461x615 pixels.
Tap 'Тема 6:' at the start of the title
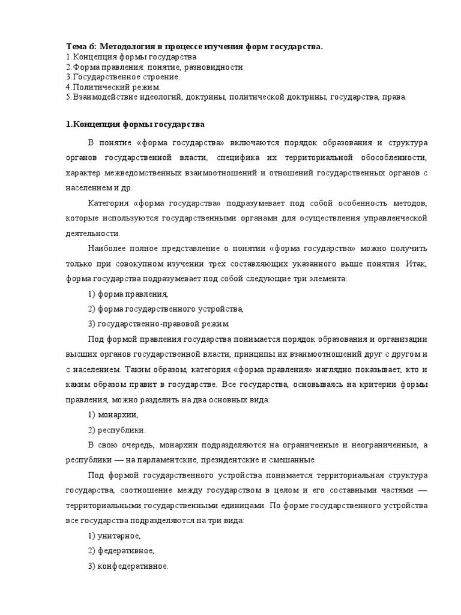click(80, 47)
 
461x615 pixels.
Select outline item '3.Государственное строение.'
click(122, 77)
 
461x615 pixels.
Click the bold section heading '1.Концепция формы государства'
click(135, 124)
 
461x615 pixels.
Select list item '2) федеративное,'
click(121, 551)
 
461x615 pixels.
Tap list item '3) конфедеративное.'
click(128, 566)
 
